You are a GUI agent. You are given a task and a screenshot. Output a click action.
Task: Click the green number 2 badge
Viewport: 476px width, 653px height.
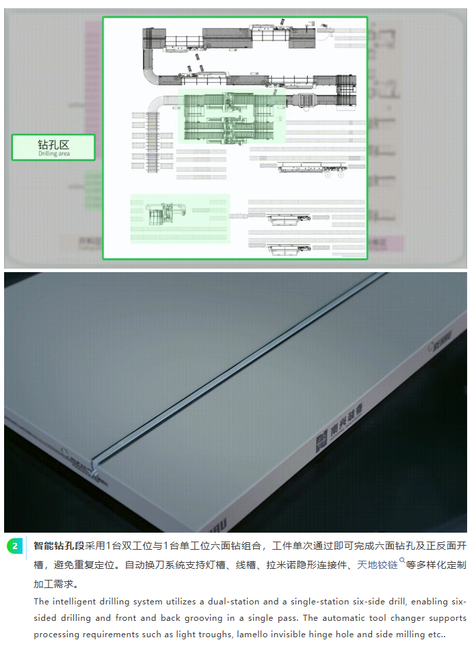click(x=14, y=546)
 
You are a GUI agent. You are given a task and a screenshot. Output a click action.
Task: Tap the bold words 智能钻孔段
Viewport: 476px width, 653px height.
click(x=59, y=546)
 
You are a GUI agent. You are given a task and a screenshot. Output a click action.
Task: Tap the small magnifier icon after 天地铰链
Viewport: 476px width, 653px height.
click(x=402, y=562)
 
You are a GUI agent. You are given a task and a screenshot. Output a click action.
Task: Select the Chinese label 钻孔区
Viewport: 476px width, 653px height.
click(x=53, y=144)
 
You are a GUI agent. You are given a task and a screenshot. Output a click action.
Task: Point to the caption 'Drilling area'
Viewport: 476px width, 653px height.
click(x=53, y=155)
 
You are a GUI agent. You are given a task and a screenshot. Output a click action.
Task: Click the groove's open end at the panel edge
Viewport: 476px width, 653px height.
click(x=97, y=470)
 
